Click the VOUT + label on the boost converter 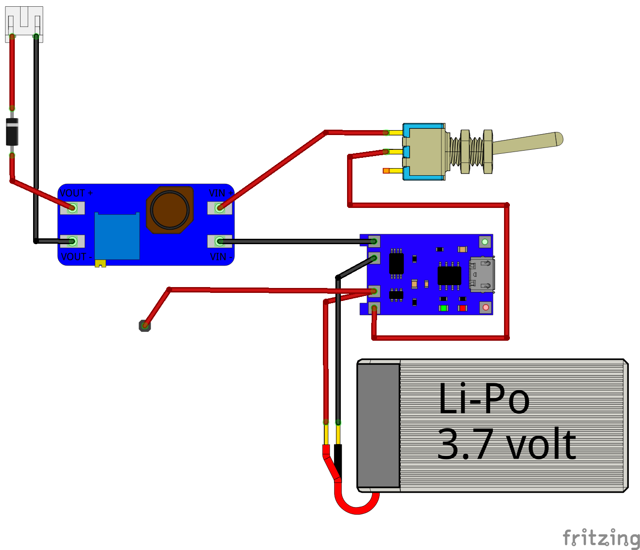pos(76,193)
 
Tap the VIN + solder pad pos(220,208)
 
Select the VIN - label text pos(221,257)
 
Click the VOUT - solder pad pos(72,241)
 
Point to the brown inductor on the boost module pos(170,210)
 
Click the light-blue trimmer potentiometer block pos(117,236)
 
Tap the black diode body pos(12,132)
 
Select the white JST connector pos(24,24)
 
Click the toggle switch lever pos(528,143)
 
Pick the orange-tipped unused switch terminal pos(386,171)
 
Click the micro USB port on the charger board pos(482,274)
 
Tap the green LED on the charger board pos(443,308)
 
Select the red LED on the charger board pos(462,308)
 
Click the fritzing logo pos(601,537)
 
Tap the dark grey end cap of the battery pos(378,425)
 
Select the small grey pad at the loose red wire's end pos(144,326)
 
